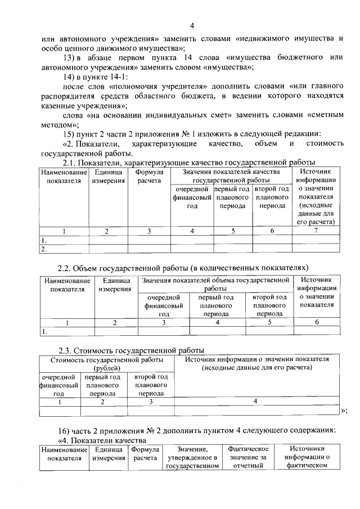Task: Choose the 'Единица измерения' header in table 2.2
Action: [x=115, y=285]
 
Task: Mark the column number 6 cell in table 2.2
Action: [x=317, y=322]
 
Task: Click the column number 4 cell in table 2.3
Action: [x=256, y=401]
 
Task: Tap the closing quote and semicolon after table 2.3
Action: [x=344, y=411]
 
